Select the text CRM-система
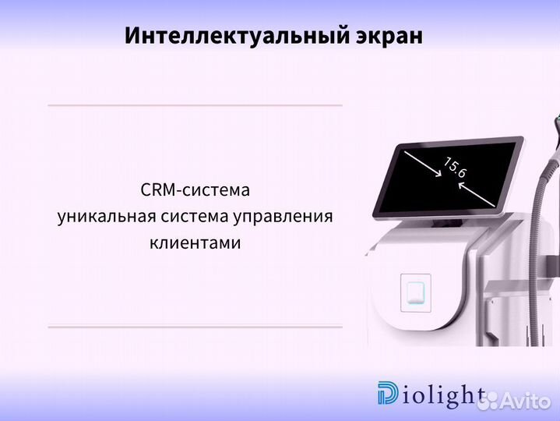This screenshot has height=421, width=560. coord(195,190)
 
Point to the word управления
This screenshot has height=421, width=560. coord(288,217)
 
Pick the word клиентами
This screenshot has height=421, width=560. coord(195,243)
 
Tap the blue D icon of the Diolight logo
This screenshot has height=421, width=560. coord(386,395)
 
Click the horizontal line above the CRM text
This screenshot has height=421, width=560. coord(195,104)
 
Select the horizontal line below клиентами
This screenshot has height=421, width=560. coord(195,327)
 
